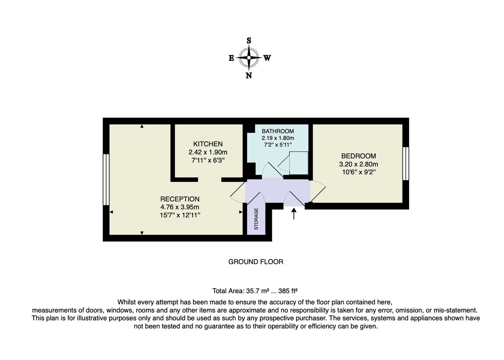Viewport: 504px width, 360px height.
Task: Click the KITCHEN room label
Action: (208, 144)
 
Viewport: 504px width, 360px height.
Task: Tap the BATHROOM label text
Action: (278, 131)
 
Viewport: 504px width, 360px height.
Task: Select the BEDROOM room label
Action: (358, 156)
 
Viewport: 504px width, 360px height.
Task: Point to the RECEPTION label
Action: (180, 199)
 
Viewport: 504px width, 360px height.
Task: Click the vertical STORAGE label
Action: (256, 219)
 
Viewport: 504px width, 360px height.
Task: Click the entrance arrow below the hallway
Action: (294, 214)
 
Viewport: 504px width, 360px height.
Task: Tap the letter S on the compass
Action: (249, 41)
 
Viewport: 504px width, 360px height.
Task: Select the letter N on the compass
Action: (249, 76)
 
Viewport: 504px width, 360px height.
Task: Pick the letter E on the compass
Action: (231, 58)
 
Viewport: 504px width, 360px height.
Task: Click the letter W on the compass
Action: (267, 58)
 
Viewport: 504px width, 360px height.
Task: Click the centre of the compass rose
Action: (249, 58)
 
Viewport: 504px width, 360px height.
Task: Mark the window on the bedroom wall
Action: (406, 164)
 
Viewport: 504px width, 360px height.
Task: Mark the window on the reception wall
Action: (106, 179)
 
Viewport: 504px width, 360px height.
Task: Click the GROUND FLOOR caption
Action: (256, 262)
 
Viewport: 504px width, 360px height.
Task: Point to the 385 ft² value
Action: (288, 291)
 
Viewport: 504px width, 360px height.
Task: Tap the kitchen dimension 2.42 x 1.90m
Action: (208, 152)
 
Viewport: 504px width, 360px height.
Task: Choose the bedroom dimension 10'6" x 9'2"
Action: (358, 172)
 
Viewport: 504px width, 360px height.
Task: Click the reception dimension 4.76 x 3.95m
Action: (180, 207)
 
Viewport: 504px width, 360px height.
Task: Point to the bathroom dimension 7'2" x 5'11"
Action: (278, 145)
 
